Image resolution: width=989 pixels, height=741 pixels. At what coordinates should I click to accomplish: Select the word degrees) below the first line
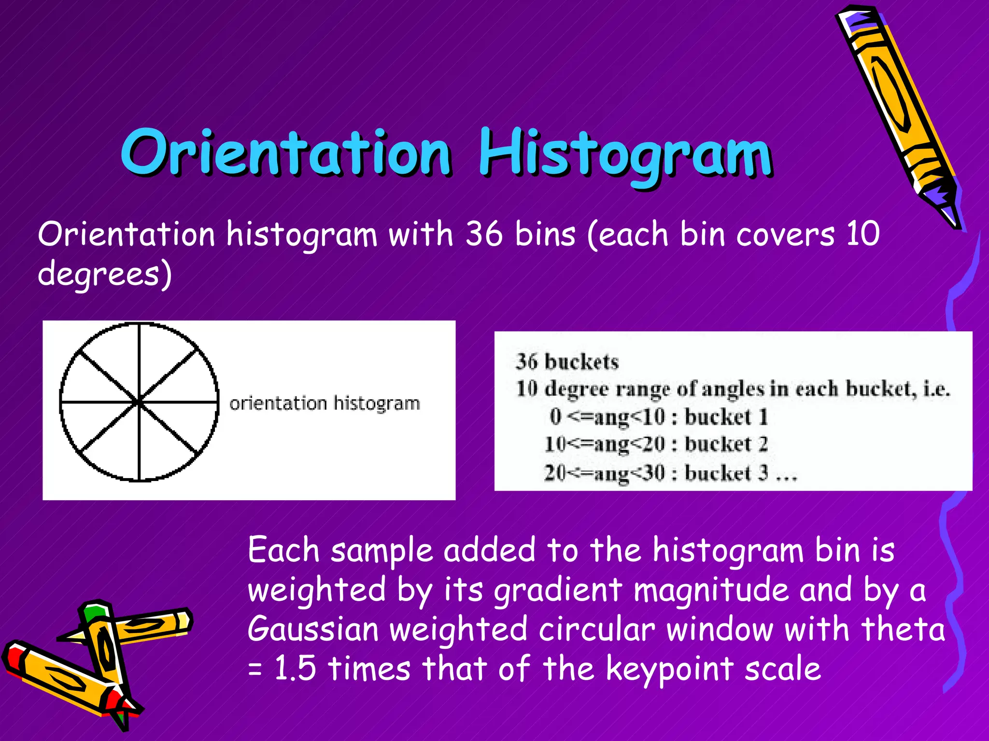tap(105, 274)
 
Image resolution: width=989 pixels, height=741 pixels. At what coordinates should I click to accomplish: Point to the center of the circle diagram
tap(139, 401)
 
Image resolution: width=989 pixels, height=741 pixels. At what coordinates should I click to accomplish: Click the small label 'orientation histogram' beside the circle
tap(325, 403)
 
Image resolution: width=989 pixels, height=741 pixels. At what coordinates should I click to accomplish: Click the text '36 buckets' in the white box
tap(567, 362)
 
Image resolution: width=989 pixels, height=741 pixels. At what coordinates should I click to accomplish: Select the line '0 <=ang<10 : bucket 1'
tap(658, 417)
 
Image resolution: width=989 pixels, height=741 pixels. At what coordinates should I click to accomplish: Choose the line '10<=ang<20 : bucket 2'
tap(656, 444)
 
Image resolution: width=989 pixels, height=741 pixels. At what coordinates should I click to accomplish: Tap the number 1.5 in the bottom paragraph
tap(295, 669)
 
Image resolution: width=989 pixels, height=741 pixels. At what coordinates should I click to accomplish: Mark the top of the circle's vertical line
tap(140, 325)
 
